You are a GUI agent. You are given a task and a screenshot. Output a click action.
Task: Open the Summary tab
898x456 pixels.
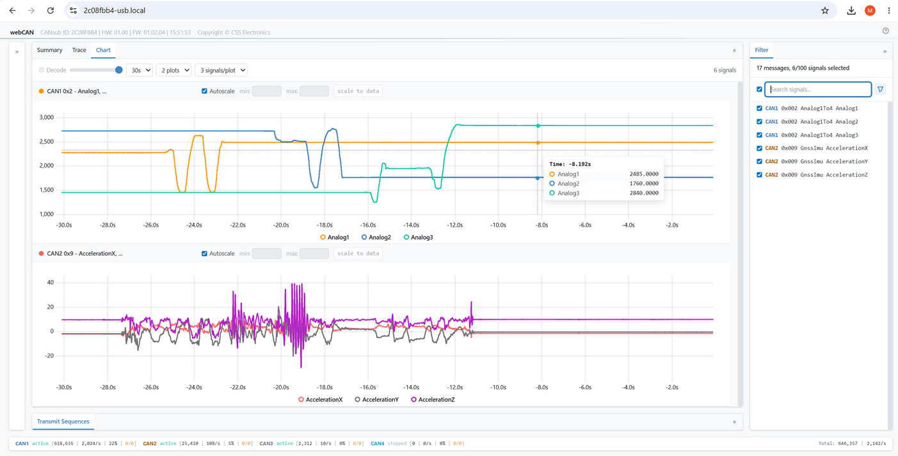point(50,50)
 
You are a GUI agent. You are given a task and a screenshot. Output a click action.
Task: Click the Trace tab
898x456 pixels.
point(79,50)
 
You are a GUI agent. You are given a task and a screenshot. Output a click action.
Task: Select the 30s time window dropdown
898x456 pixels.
point(140,70)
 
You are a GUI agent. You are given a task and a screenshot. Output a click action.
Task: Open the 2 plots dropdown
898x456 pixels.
point(174,70)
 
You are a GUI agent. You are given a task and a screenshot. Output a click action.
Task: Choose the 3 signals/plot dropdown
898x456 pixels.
point(221,70)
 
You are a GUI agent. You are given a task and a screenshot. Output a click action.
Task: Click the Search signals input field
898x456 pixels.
point(818,90)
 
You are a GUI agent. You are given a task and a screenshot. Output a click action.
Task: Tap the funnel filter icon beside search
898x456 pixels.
point(880,90)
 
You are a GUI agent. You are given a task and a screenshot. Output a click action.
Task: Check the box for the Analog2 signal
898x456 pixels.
point(759,122)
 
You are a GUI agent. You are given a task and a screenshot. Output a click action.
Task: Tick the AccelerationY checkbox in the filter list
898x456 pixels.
point(759,161)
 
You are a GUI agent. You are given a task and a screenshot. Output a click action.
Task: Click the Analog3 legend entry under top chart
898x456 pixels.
point(418,238)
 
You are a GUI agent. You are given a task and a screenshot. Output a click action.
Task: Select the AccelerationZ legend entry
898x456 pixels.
point(433,400)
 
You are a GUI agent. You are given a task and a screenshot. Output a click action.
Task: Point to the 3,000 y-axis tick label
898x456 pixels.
point(47,117)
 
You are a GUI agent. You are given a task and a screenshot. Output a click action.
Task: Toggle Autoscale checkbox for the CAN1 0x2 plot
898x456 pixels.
point(204,91)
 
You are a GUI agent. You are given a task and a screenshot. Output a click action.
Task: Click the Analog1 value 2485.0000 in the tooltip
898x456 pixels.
point(644,174)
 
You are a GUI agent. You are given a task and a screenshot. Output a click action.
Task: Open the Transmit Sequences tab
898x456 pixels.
point(63,421)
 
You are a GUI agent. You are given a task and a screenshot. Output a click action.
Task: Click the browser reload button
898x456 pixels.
point(51,10)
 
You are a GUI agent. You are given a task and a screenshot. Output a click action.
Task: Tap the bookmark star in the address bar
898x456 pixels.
point(824,10)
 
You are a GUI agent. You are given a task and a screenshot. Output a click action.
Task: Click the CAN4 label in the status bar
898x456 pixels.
point(377,444)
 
